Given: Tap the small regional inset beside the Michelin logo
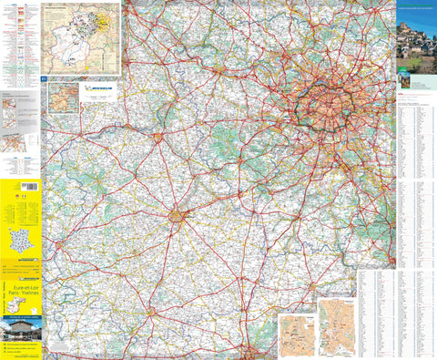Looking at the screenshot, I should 61,97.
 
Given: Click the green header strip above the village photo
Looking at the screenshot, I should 416,7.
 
